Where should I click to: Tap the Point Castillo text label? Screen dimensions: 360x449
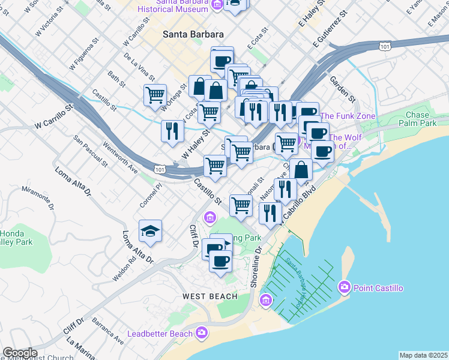click(x=378, y=288)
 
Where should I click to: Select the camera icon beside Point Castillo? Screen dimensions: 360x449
click(x=344, y=287)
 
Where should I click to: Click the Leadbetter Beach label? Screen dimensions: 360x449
click(x=160, y=333)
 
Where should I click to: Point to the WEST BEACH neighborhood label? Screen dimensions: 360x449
click(x=207, y=296)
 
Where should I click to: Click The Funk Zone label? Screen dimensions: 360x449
click(x=348, y=116)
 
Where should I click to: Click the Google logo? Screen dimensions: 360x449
click(x=19, y=353)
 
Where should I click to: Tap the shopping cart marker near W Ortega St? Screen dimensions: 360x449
click(x=155, y=95)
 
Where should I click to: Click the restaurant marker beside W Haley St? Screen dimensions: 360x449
click(x=172, y=131)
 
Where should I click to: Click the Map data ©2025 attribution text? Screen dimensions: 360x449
click(x=423, y=355)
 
